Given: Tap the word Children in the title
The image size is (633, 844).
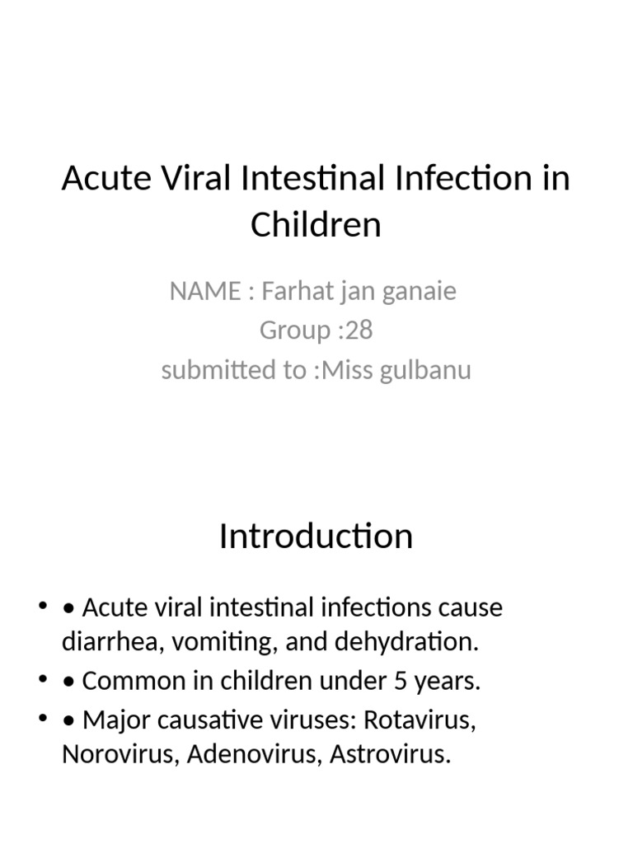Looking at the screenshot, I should click(x=316, y=225).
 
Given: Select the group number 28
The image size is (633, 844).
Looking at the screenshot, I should click(x=359, y=330).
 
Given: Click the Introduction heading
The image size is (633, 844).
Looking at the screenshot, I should click(x=316, y=537).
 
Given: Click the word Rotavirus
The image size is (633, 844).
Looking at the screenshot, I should click(x=421, y=720).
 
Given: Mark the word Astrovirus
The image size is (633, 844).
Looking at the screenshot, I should click(x=391, y=755).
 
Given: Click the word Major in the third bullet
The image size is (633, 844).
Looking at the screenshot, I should click(x=113, y=720).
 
